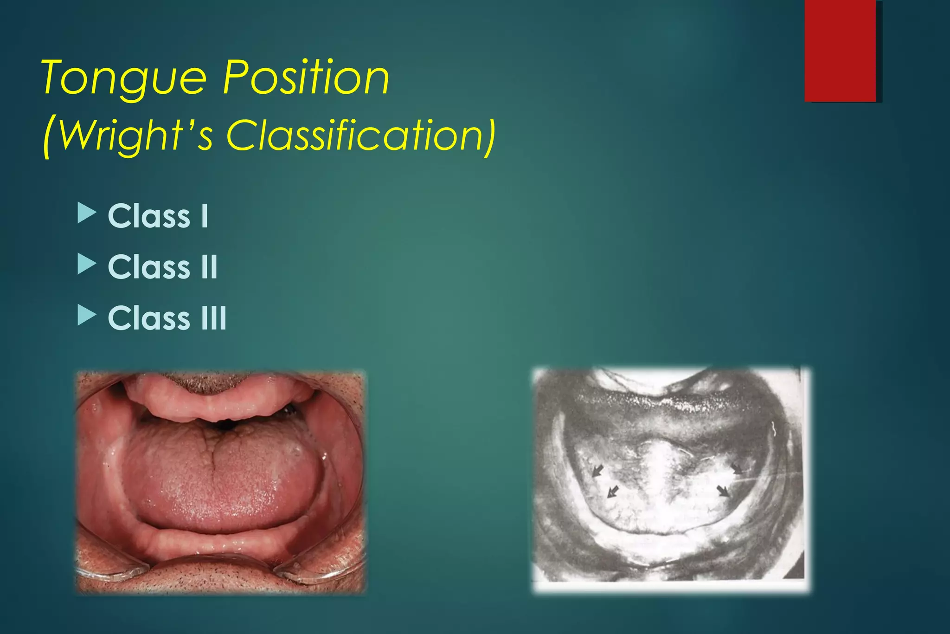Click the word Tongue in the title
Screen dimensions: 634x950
(124, 78)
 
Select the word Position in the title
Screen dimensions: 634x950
(306, 78)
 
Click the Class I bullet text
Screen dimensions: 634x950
(158, 216)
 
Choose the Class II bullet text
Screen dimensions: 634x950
(163, 267)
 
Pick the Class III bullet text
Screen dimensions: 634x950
(167, 318)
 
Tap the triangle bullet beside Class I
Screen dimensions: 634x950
(86, 213)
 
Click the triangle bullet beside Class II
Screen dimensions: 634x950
(86, 264)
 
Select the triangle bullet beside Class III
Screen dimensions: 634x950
(86, 315)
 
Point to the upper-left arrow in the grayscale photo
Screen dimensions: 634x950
(598, 471)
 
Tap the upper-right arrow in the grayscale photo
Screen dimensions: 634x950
(737, 468)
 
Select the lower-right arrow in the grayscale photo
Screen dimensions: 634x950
(723, 491)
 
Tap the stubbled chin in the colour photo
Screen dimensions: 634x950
(218, 578)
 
